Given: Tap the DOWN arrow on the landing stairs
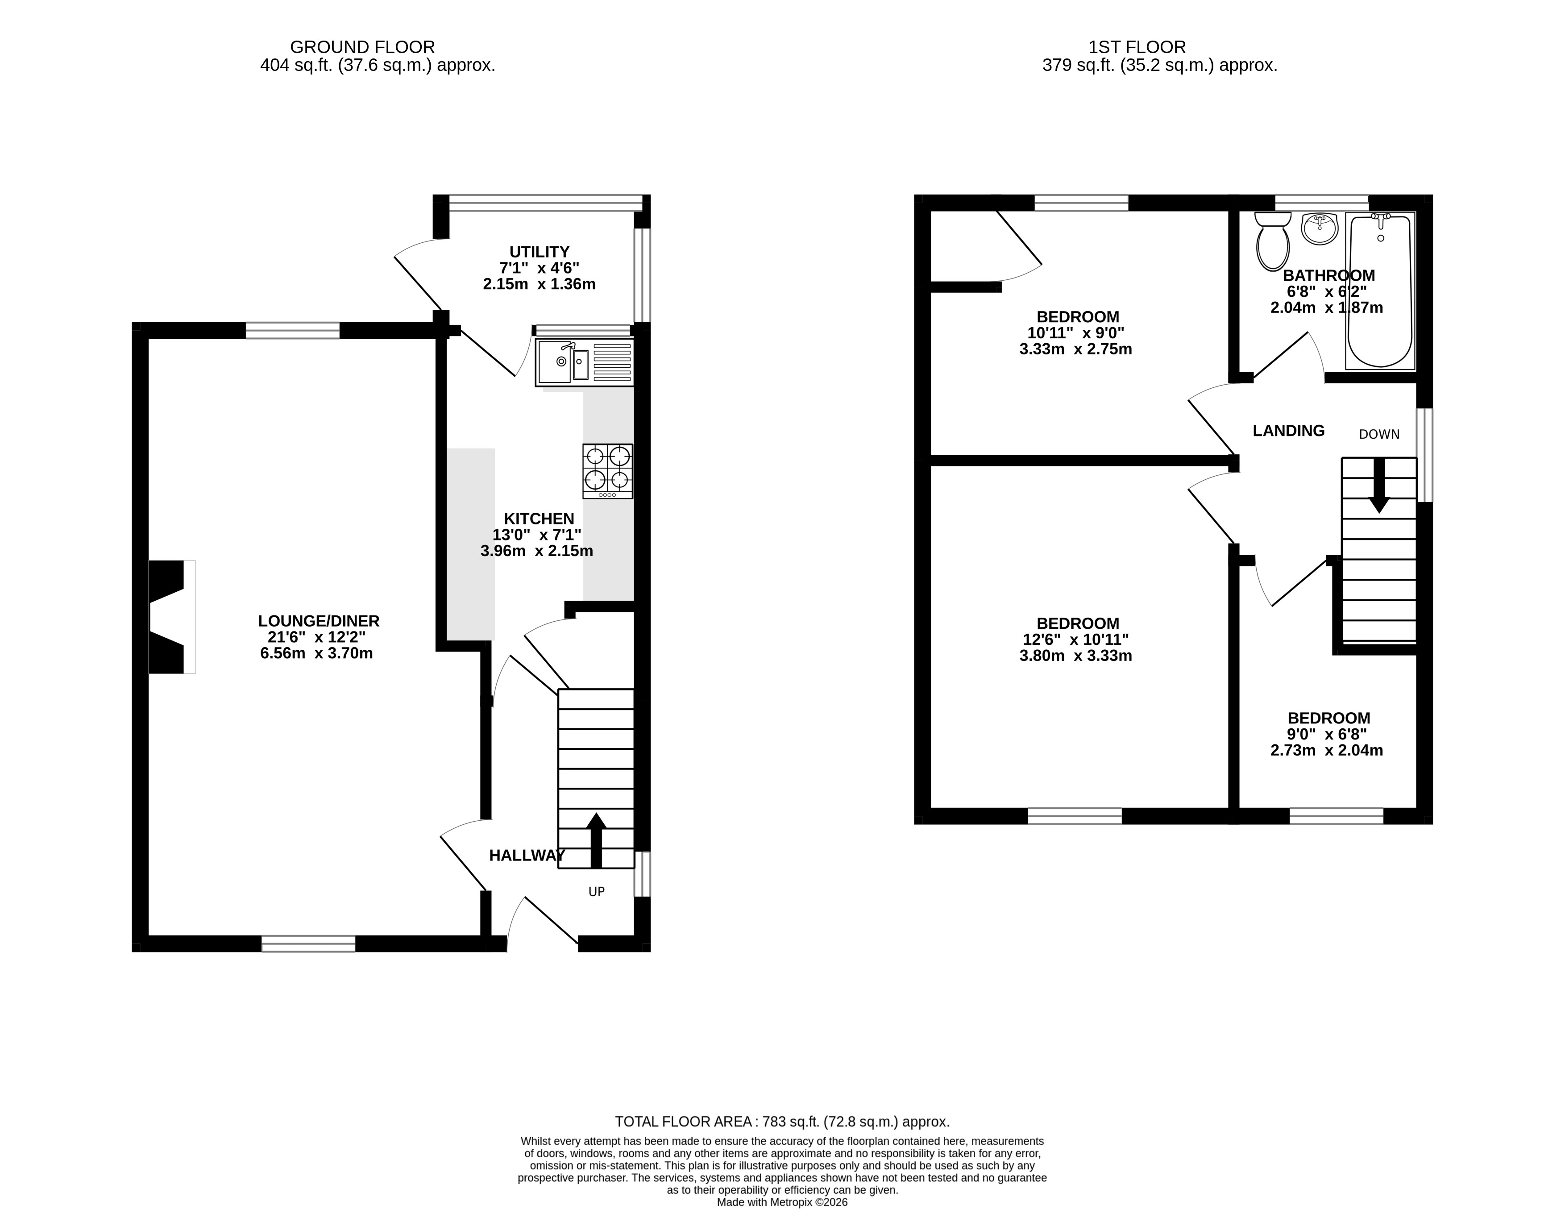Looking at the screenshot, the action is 1379,485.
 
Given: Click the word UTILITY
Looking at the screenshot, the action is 540,252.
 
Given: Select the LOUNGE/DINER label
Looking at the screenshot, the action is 319,621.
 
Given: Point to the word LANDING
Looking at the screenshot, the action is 1288,431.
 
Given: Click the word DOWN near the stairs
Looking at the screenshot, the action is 1379,434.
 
